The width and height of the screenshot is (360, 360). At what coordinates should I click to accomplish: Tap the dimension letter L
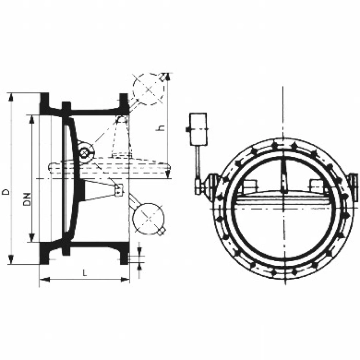pyautogui.click(x=84, y=273)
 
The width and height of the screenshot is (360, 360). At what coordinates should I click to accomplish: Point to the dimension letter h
pyautogui.click(x=160, y=128)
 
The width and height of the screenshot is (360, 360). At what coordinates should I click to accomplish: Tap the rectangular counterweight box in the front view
pyautogui.click(x=197, y=128)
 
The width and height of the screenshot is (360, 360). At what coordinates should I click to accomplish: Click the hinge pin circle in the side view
pyautogui.click(x=84, y=152)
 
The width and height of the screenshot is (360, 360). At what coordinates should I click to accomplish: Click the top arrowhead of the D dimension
pyautogui.click(x=10, y=96)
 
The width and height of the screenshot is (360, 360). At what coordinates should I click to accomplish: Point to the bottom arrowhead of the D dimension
pyautogui.click(x=10, y=261)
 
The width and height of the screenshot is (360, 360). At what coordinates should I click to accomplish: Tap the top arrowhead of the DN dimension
pyautogui.click(x=32, y=118)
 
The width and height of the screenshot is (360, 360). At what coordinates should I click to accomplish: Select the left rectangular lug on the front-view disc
pyautogui.click(x=250, y=187)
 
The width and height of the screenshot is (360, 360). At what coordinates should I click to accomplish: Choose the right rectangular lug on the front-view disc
pyautogui.click(x=316, y=187)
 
